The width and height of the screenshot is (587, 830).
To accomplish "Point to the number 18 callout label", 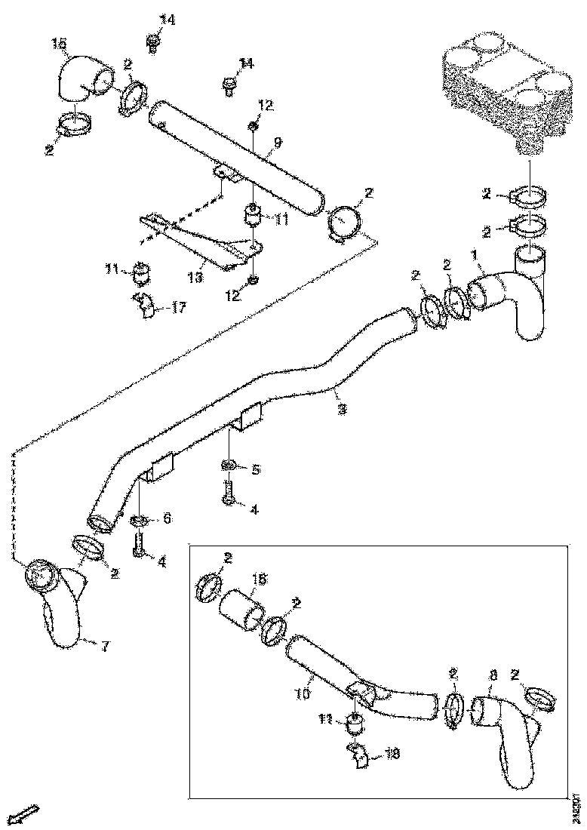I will pyautogui.click(x=392, y=753).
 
